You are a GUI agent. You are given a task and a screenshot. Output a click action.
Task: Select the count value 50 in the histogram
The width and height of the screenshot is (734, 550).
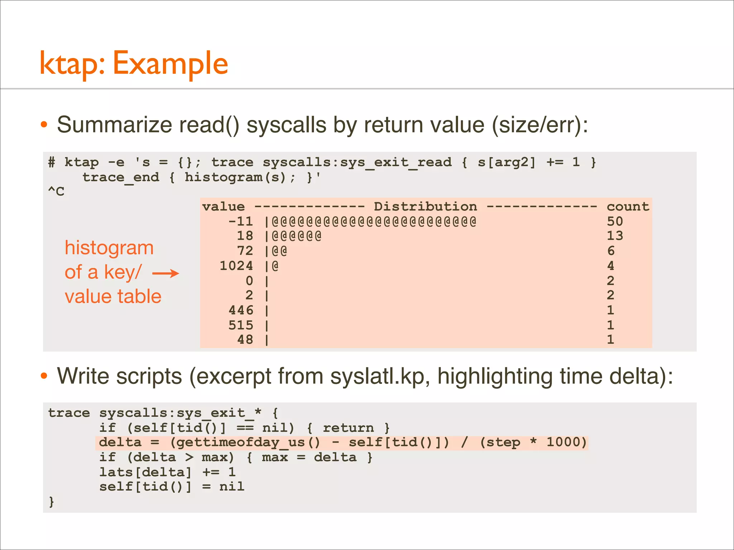click(x=615, y=221)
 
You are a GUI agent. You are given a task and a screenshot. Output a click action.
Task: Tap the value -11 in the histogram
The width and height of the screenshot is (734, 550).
click(x=241, y=221)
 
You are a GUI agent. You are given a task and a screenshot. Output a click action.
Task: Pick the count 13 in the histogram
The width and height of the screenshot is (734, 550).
click(x=615, y=236)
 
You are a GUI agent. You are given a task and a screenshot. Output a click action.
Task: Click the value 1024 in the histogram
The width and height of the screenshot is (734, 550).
click(x=236, y=266)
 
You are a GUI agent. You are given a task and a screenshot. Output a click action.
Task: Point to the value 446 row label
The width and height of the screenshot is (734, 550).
click(x=241, y=310)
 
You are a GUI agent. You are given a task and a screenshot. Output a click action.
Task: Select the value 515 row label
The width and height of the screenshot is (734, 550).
click(x=241, y=325)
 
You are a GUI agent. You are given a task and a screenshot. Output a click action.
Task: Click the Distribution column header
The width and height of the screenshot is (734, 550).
click(x=425, y=207)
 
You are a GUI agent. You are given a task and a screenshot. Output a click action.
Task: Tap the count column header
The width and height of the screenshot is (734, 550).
click(x=628, y=207)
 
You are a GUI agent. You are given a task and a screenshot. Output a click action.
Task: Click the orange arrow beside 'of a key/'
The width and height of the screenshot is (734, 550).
click(x=166, y=274)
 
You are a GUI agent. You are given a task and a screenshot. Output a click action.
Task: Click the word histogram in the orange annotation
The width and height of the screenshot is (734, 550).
click(x=109, y=248)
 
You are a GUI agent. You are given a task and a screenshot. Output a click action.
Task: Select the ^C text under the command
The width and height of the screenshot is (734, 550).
click(x=56, y=191)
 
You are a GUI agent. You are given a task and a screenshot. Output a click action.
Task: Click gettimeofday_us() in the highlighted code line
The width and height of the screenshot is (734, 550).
click(x=245, y=443)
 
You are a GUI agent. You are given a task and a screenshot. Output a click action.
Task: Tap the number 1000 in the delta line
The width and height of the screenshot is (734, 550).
click(x=566, y=443)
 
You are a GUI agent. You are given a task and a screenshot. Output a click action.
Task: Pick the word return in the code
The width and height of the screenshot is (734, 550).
click(x=348, y=428)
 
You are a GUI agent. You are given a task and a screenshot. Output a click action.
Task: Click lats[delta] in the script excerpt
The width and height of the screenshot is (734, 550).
click(x=146, y=472)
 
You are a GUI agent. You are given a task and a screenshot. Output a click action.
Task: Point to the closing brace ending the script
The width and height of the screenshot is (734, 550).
click(x=52, y=502)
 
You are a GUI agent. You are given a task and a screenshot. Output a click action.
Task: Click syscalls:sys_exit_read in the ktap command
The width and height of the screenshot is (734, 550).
click(x=357, y=162)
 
